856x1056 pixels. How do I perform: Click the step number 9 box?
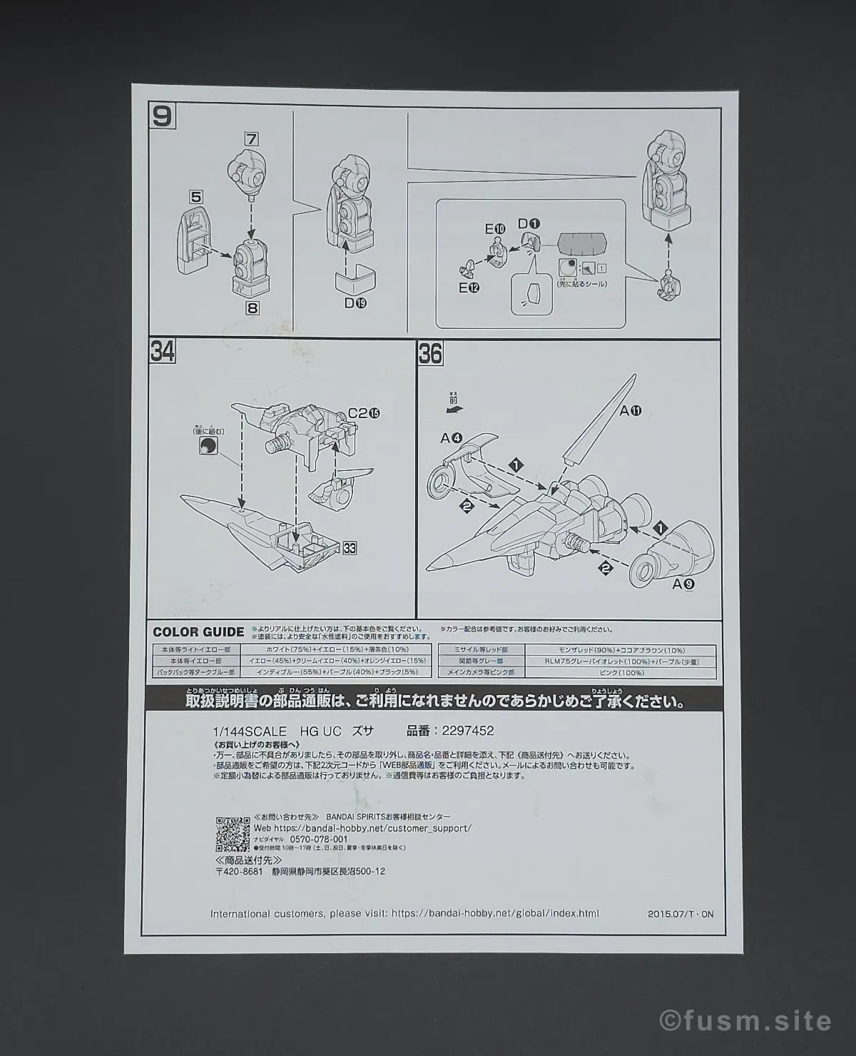click(162, 116)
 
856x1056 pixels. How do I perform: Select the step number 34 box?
click(163, 352)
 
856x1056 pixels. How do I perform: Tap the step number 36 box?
click(430, 354)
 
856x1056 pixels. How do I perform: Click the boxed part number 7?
click(250, 138)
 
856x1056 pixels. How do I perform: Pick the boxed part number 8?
click(252, 308)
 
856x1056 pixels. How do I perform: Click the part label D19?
click(355, 303)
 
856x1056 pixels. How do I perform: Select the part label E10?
click(495, 229)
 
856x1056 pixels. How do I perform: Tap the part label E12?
click(469, 288)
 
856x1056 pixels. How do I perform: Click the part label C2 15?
click(364, 413)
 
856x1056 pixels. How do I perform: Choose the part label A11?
click(631, 410)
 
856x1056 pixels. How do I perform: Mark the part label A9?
click(682, 583)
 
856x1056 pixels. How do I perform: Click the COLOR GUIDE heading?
click(198, 631)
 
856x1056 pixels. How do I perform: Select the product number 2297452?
click(467, 731)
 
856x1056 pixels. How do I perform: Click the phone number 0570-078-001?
click(320, 839)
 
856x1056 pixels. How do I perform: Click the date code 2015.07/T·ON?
click(681, 913)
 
